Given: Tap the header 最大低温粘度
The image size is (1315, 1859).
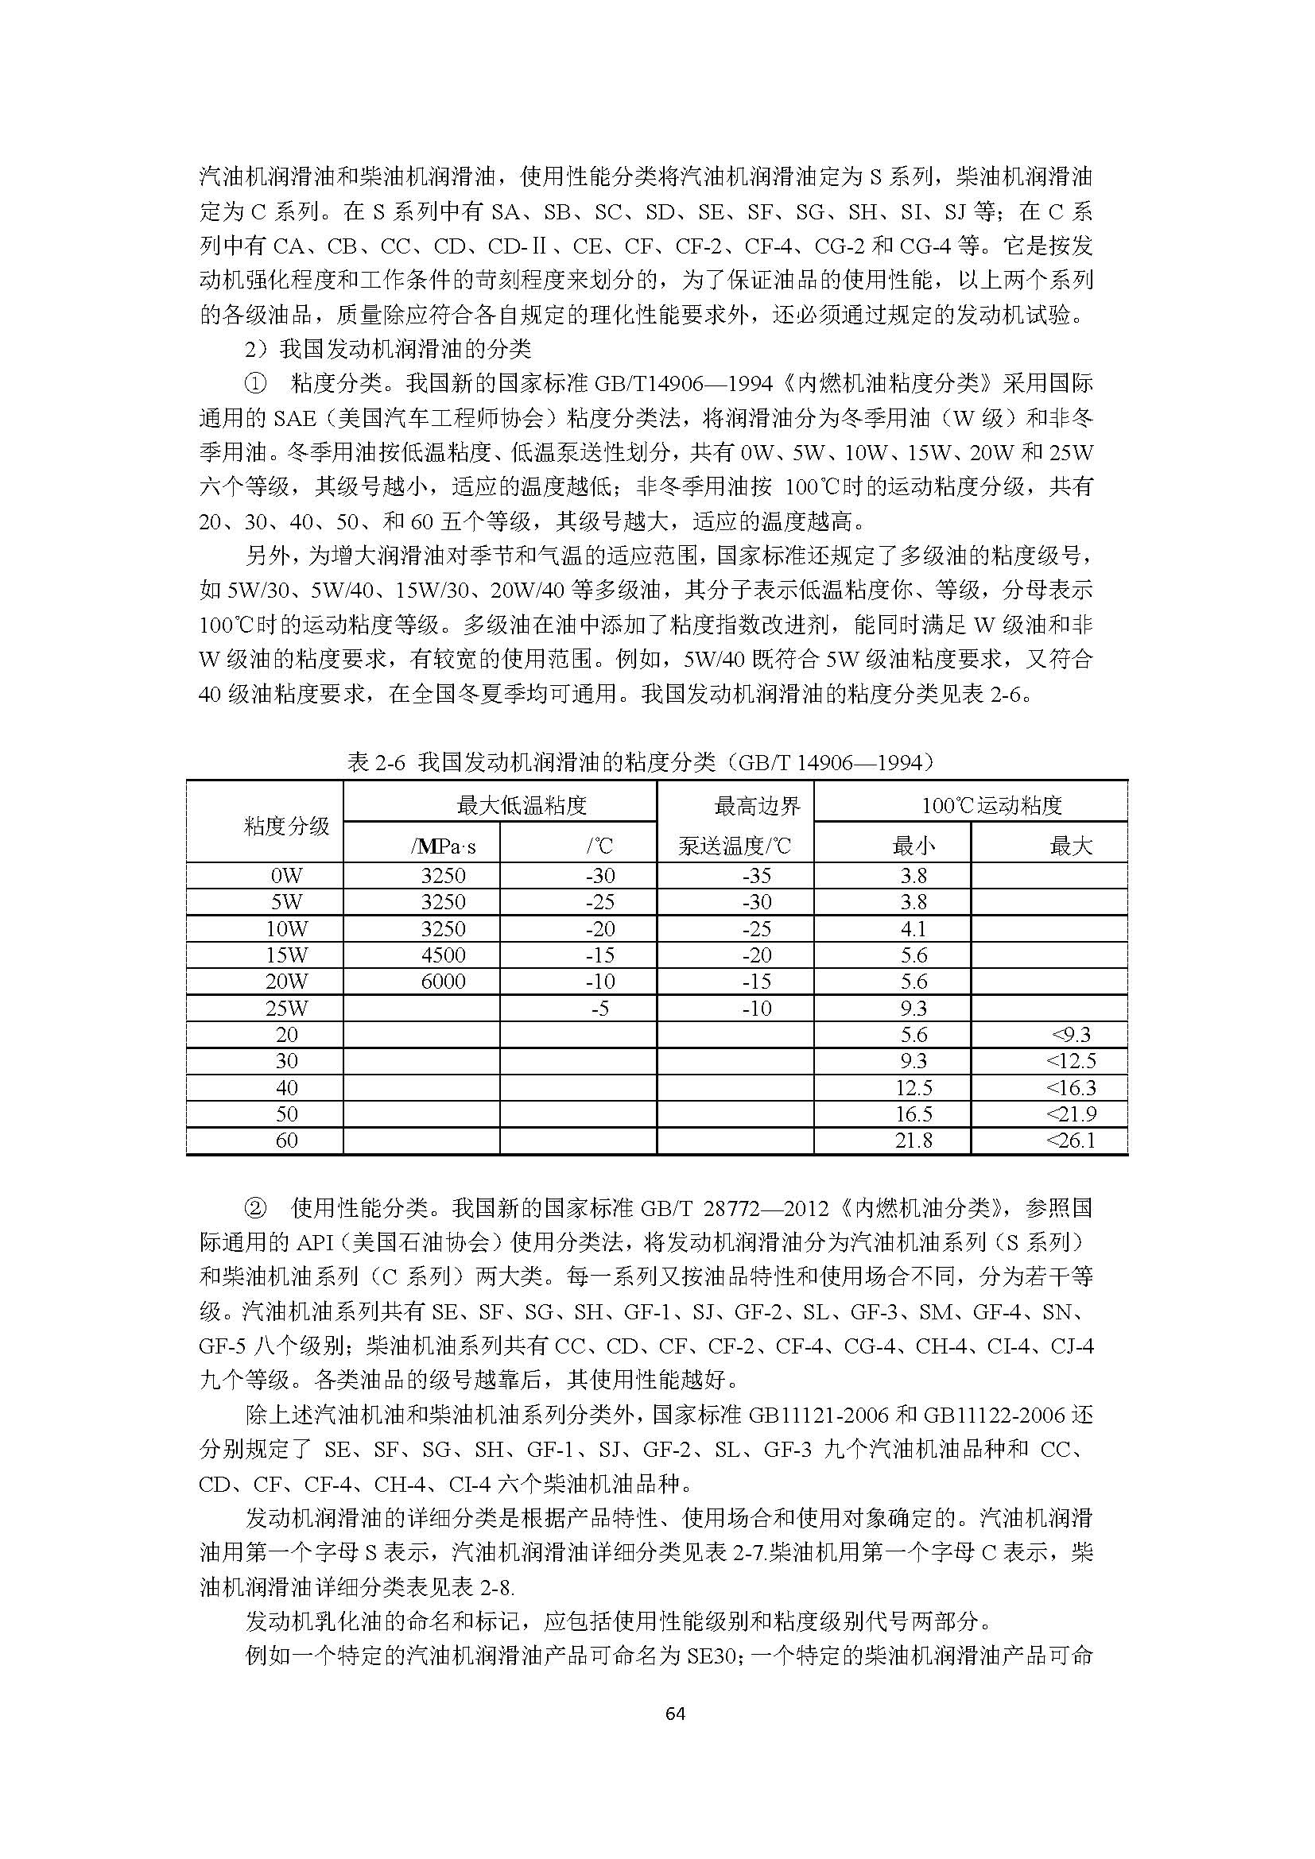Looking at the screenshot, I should point(522,805).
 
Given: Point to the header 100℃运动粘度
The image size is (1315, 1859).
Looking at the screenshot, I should point(991,805).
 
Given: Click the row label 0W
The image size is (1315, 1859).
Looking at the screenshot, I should point(287,875).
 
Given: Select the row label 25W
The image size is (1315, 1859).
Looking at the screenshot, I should point(287,1008).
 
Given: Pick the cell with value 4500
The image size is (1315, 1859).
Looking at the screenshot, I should point(444,955).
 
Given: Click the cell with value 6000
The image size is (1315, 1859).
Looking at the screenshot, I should point(444,982).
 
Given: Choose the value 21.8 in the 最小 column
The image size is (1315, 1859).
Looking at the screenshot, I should point(914,1140).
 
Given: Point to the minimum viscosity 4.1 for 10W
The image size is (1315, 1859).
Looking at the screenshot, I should point(914,928).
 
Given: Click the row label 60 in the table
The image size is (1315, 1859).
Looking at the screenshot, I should point(287,1140).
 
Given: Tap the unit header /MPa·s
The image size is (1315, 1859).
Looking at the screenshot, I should point(443,847).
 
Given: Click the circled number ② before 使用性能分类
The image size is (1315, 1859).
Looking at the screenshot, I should point(255,1209).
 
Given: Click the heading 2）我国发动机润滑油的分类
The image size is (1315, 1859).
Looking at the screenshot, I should point(389,349).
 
